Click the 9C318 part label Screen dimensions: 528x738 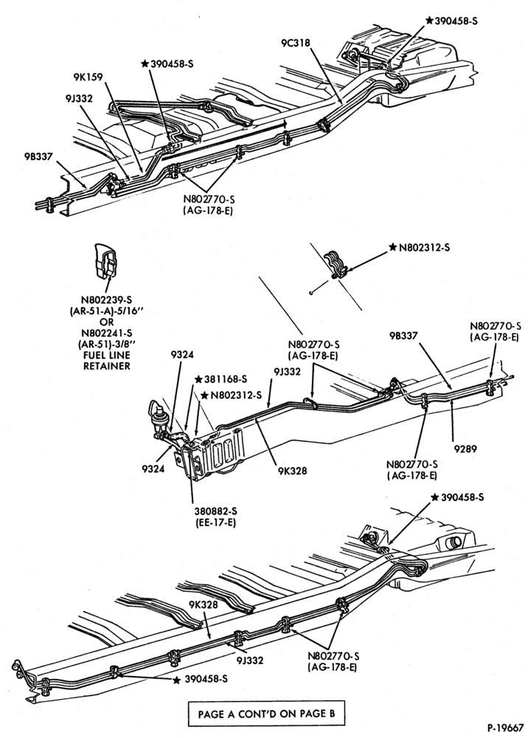296,43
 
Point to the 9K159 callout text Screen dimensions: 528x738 88,76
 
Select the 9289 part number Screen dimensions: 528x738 465,449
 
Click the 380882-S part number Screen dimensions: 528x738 215,511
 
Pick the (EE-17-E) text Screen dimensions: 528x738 215,523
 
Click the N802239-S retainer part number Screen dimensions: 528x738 107,300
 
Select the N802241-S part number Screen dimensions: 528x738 107,334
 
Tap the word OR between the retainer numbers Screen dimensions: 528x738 107,322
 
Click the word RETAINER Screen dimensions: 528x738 107,366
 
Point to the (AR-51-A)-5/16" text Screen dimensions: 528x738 107,311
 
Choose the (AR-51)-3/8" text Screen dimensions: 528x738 107,344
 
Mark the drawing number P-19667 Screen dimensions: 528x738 505,728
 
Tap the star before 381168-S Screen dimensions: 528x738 198,379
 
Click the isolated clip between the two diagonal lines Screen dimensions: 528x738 336,266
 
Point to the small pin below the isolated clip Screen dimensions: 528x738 312,294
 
